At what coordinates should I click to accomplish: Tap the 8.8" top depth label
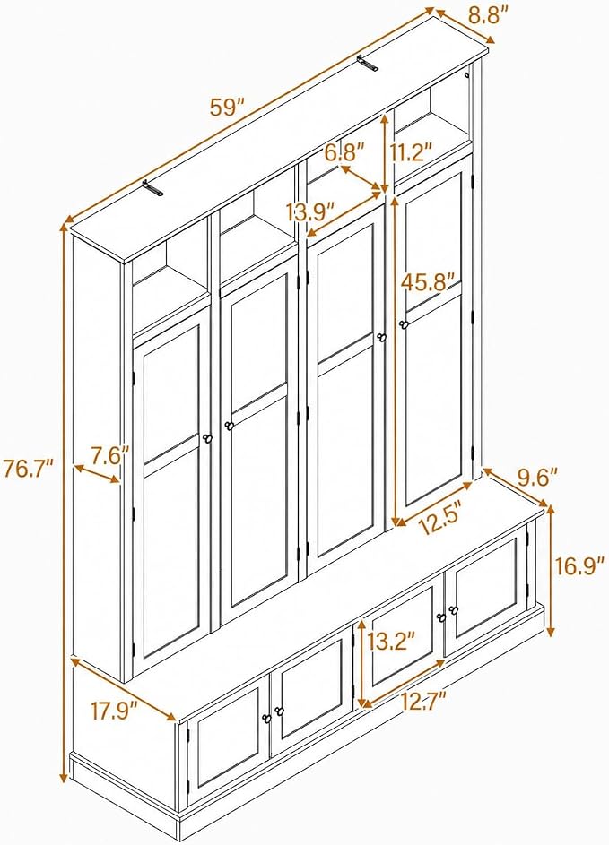(489, 14)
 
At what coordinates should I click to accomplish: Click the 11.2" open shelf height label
(412, 152)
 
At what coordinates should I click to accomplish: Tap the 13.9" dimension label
(310, 211)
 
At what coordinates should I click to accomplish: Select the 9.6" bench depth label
(537, 477)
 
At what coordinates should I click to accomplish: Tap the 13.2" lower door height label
(392, 642)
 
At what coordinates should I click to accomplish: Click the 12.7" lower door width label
(423, 702)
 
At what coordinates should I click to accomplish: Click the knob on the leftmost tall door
(208, 439)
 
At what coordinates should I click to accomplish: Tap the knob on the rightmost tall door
(403, 323)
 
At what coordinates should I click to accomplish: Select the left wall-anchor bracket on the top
(152, 187)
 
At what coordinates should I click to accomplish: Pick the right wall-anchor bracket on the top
(367, 64)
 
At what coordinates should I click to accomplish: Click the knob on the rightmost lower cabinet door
(453, 610)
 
